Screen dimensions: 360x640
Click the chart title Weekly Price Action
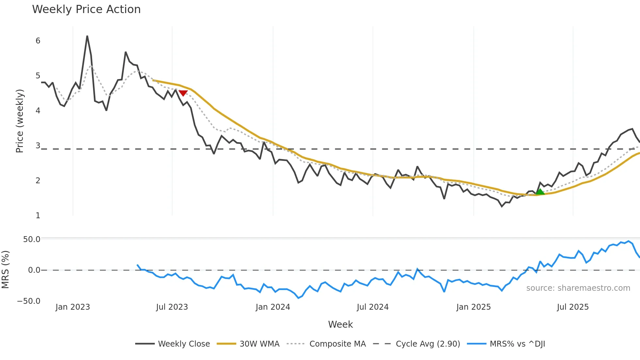point(86,9)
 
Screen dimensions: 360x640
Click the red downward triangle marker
point(183,93)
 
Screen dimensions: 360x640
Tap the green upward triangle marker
point(540,192)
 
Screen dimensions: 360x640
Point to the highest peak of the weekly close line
point(87,36)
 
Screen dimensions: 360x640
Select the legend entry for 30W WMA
point(259,344)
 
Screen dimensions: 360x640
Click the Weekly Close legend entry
point(184,344)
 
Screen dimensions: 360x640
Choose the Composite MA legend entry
point(337,344)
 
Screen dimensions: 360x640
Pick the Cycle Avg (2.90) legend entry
point(428,344)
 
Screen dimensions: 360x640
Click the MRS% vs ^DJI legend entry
point(517,344)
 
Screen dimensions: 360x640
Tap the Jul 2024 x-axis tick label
point(373,307)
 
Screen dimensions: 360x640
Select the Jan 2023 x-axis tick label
point(72,307)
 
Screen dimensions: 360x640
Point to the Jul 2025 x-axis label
point(573,307)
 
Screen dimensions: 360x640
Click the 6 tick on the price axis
point(38,41)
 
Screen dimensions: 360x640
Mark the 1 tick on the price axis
point(38,216)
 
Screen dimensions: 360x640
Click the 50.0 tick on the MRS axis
point(32,239)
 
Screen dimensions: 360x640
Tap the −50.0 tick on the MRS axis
point(29,301)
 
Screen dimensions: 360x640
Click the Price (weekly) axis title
point(20,121)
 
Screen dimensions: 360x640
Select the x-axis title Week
point(340,324)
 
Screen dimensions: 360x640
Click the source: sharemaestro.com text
point(578,288)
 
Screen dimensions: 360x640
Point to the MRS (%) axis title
point(5,270)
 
